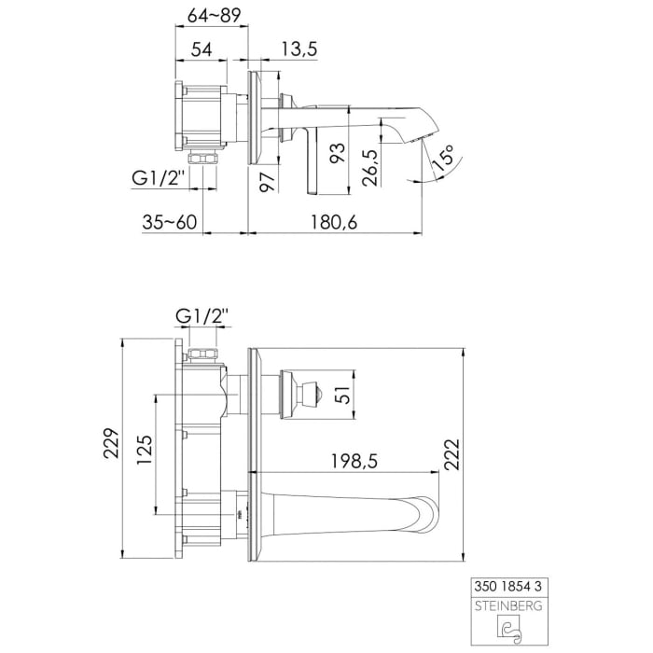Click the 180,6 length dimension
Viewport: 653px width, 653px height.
pyautogui.click(x=333, y=222)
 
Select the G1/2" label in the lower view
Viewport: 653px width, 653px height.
pyautogui.click(x=201, y=317)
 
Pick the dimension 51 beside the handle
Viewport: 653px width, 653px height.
pyautogui.click(x=342, y=396)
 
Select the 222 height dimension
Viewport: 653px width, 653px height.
pyautogui.click(x=452, y=456)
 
